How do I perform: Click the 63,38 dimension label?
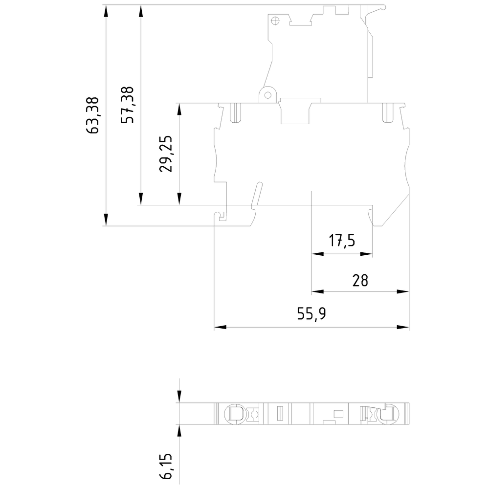coord(93,115)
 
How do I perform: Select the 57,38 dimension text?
coord(128,105)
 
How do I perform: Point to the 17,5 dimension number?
coord(342,241)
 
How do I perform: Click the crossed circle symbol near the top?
coord(275,21)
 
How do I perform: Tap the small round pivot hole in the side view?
coord(266,95)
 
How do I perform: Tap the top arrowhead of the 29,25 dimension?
coord(180,109)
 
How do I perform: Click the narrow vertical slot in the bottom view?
coord(280,413)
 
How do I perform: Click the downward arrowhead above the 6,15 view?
coord(180,397)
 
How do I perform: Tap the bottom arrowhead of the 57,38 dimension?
coord(141,199)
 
